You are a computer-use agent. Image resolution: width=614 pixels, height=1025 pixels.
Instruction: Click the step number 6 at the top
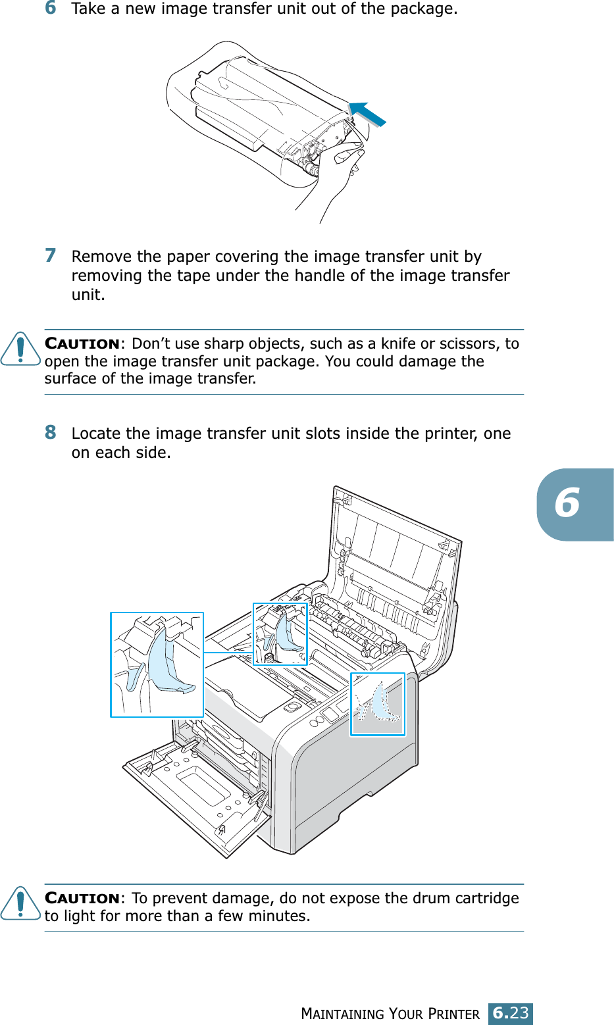point(51,8)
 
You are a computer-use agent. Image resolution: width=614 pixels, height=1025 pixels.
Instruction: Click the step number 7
point(51,255)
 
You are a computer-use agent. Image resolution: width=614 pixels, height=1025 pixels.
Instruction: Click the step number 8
point(51,432)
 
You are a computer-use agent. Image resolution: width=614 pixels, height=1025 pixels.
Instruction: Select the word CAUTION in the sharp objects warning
point(82,344)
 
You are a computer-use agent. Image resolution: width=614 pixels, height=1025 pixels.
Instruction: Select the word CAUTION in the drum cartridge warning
point(82,899)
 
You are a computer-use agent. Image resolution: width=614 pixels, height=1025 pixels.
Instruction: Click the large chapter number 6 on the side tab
point(567,504)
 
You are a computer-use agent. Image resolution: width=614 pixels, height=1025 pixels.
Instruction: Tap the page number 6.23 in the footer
point(511,1013)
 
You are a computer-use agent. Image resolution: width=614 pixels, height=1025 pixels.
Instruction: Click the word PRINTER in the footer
point(453,1014)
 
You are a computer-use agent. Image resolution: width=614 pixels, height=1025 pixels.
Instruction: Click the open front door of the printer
point(197,796)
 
